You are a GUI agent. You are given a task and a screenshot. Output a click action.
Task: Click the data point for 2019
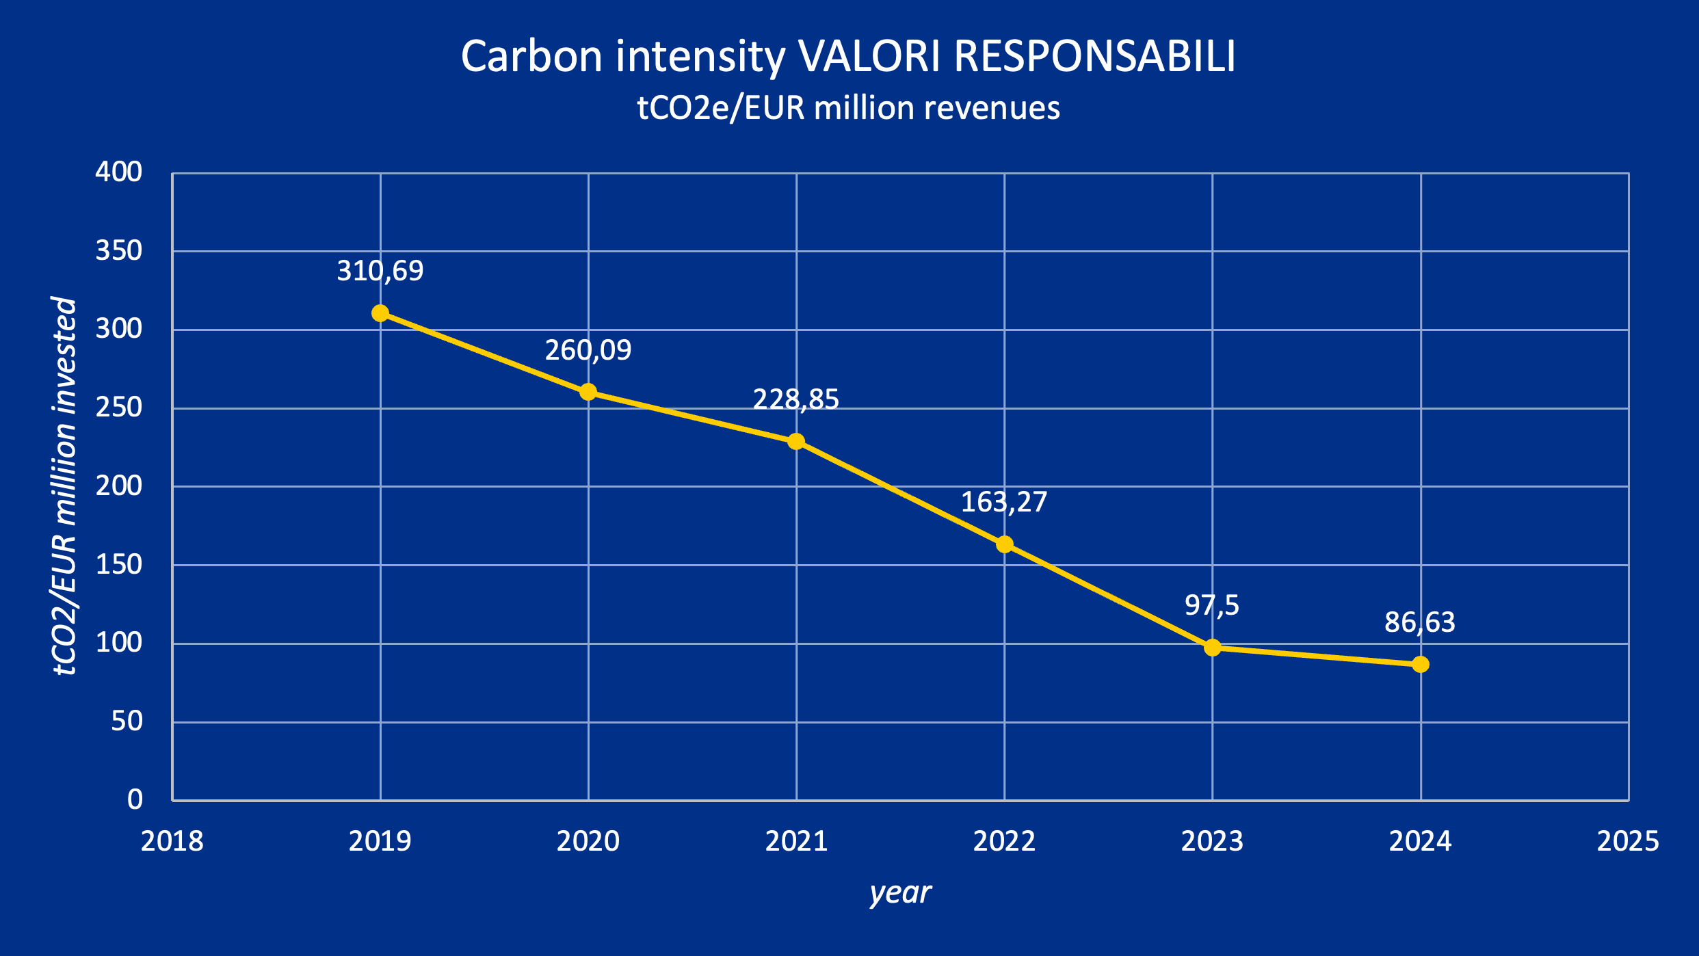pos(380,313)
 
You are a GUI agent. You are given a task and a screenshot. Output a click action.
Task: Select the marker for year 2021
pos(796,442)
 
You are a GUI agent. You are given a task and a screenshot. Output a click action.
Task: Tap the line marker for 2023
pos(1213,647)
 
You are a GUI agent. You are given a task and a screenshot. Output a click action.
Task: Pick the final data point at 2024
pos(1421,664)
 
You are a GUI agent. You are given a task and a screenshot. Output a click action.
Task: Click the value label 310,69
pos(380,271)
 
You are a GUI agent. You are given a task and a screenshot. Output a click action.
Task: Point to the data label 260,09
pos(588,350)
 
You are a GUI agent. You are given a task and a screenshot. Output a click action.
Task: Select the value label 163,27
pos(1004,502)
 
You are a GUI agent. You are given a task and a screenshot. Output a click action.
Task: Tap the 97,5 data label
pos(1212,605)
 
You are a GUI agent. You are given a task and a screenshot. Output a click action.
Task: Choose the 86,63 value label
pos(1420,622)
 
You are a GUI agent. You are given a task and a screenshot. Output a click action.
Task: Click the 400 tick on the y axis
pos(119,172)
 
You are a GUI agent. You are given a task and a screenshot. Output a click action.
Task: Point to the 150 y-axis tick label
pos(119,565)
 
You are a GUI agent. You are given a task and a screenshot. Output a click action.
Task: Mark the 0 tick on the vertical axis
pos(135,799)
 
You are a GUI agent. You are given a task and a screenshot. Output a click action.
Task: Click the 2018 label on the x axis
pos(172,841)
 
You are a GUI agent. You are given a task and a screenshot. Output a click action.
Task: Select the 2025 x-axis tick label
pos(1628,841)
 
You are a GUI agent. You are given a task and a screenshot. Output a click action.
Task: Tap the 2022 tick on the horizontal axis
pos(1004,841)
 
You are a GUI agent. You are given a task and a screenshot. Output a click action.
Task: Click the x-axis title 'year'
pos(900,893)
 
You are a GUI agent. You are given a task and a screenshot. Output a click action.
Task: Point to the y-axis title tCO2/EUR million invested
pos(65,486)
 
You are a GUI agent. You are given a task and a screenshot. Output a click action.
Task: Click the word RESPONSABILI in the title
pos(1094,56)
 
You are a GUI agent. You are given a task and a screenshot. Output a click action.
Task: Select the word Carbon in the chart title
pos(531,56)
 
